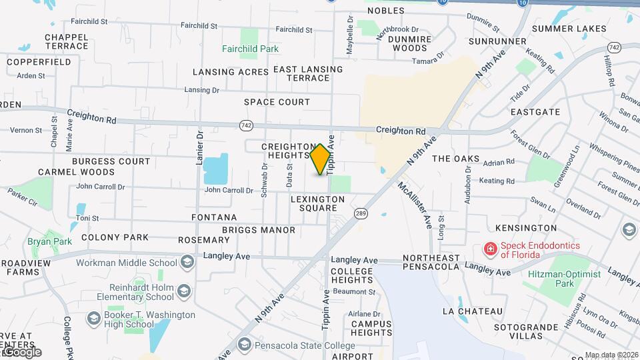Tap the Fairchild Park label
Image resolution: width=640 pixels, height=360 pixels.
[x=250, y=49]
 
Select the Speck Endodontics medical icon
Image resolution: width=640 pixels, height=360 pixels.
[x=490, y=249]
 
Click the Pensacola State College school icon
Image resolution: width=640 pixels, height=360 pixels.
[x=244, y=345]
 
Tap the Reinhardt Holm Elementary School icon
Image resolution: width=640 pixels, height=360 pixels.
[x=183, y=291]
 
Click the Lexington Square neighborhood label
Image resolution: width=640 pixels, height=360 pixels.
[x=317, y=203]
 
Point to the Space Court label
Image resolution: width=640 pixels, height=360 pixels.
[x=277, y=102]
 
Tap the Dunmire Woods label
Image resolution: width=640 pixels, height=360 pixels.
[x=407, y=43]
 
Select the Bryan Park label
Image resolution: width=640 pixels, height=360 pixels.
[x=40, y=241]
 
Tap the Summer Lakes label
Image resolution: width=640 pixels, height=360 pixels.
[x=569, y=29]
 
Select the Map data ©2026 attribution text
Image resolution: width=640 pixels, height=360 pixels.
[x=611, y=355]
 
